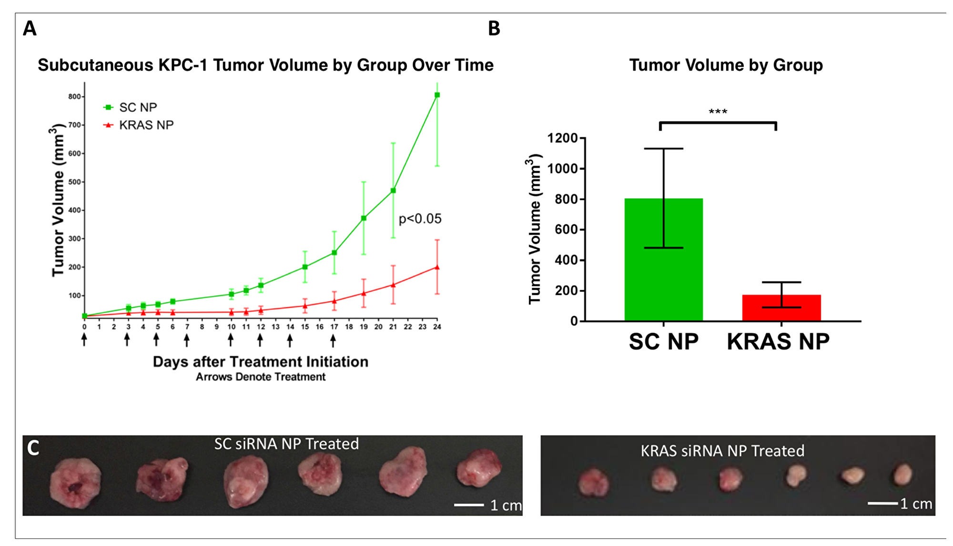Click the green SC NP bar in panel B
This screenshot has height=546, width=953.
(663, 260)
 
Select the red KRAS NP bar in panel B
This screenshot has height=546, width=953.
(781, 308)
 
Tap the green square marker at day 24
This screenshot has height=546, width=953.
(437, 95)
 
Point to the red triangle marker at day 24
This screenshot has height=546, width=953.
(437, 267)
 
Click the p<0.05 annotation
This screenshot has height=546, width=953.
(420, 219)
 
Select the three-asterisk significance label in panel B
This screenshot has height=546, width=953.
(718, 112)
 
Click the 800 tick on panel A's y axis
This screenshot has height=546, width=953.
(74, 97)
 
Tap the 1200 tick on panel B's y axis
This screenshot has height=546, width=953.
(562, 138)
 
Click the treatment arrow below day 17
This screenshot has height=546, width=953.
(334, 340)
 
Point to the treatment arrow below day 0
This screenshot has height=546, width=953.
(84, 340)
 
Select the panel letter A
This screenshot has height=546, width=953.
(30, 29)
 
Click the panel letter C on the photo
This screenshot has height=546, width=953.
(33, 448)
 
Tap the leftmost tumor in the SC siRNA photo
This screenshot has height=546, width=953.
(75, 482)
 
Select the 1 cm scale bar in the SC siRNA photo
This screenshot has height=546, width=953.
(469, 505)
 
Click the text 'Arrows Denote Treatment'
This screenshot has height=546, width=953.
(260, 377)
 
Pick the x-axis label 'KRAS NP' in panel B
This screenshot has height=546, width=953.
(778, 342)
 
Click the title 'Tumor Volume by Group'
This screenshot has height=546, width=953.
(725, 65)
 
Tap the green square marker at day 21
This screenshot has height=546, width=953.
(393, 191)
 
